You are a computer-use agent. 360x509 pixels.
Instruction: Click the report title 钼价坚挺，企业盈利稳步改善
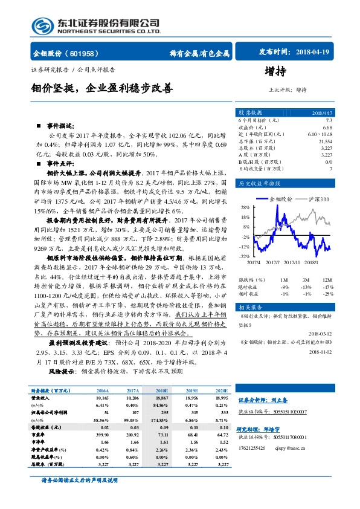(102, 88)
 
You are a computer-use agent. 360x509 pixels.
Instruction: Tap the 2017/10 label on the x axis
(292, 262)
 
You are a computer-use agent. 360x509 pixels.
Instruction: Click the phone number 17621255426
(257, 449)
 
